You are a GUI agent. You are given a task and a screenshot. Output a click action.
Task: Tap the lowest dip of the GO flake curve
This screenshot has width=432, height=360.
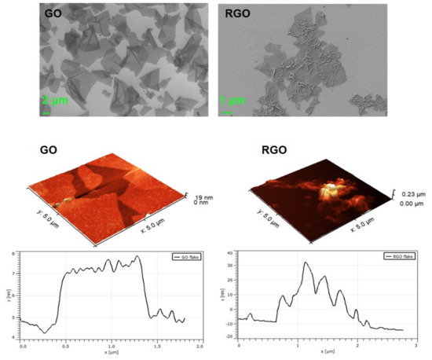tap(45, 332)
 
